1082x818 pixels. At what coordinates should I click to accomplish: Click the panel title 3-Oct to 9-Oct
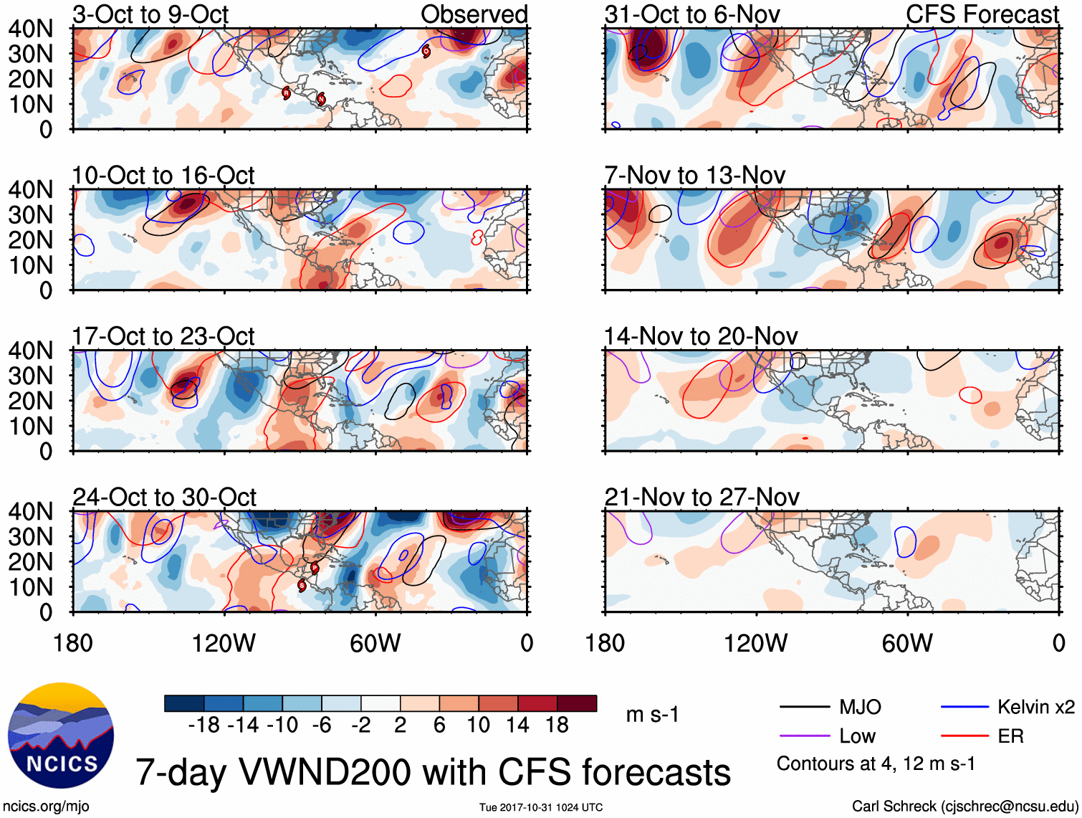pyautogui.click(x=150, y=14)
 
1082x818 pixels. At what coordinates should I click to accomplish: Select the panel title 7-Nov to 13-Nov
pyautogui.click(x=694, y=175)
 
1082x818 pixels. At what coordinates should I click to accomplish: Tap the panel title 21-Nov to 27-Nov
pyautogui.click(x=702, y=497)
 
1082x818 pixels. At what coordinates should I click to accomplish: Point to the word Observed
pyautogui.click(x=474, y=14)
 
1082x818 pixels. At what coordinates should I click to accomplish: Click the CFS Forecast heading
pyautogui.click(x=982, y=14)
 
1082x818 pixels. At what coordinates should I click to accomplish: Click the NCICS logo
pyautogui.click(x=60, y=736)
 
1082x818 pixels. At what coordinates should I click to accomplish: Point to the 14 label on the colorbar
pyautogui.click(x=517, y=726)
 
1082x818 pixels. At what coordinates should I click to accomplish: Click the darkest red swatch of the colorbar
pyautogui.click(x=577, y=703)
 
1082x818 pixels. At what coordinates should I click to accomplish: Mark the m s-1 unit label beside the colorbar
pyautogui.click(x=652, y=714)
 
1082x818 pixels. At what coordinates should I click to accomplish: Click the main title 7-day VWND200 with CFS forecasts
pyautogui.click(x=433, y=772)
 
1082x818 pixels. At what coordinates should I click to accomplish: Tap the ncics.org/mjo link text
pyautogui.click(x=46, y=807)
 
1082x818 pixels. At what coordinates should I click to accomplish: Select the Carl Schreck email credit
pyautogui.click(x=964, y=807)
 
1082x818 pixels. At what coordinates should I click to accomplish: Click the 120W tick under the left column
pyautogui.click(x=224, y=643)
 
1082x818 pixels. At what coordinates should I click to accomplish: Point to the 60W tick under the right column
pyautogui.click(x=907, y=643)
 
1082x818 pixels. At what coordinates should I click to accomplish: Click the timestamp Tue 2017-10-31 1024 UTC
pyautogui.click(x=541, y=808)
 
